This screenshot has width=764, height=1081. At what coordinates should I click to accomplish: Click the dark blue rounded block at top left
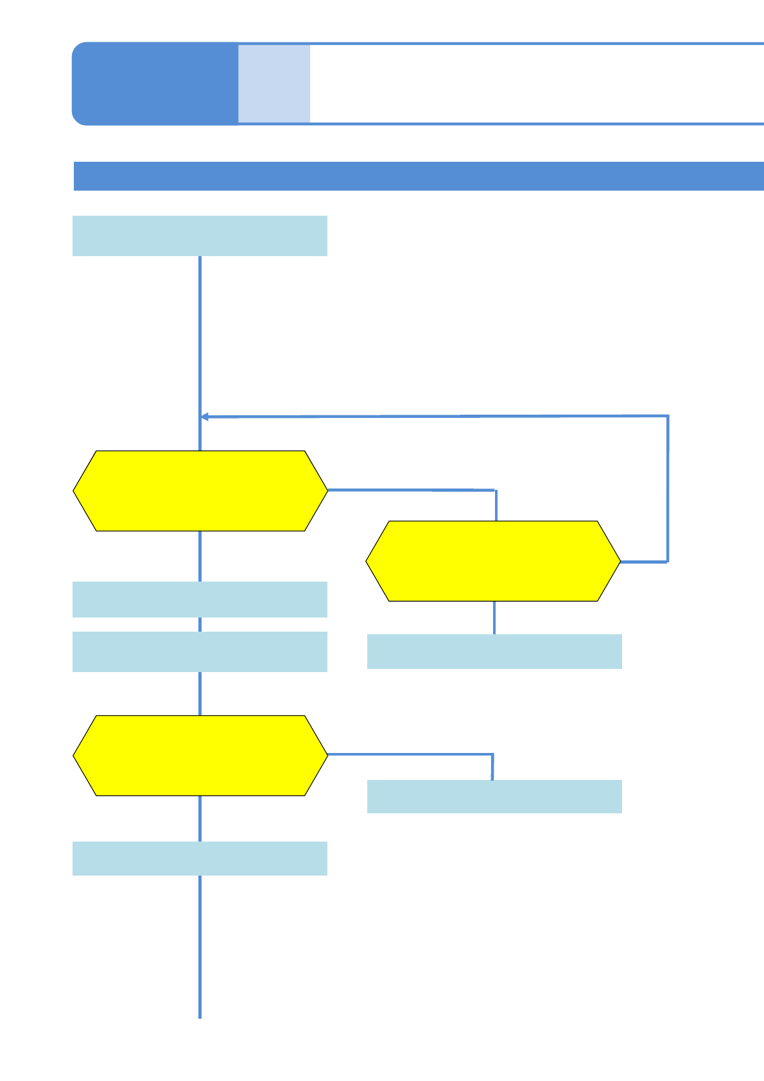pos(155,83)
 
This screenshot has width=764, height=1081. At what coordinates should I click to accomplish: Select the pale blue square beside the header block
pos(274,83)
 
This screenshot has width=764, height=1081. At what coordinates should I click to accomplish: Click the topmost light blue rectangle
pos(200,236)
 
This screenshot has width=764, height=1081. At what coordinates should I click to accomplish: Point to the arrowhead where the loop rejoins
pos(204,417)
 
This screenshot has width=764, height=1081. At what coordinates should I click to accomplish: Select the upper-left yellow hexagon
pos(200,491)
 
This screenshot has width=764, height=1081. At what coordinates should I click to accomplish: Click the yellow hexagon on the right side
pos(493,561)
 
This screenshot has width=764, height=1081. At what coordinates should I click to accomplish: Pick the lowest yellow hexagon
pos(200,756)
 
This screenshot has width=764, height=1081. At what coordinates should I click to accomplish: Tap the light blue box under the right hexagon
pos(494,652)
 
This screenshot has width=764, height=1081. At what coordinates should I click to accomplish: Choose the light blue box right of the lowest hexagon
pos(494,797)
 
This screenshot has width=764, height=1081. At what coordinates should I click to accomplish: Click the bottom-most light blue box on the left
pos(200,858)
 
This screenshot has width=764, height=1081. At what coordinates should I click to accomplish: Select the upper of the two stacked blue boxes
pos(200,600)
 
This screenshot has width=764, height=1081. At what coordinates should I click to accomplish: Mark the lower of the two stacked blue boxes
pos(200,652)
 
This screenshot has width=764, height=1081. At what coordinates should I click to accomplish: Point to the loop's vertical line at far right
pos(668,488)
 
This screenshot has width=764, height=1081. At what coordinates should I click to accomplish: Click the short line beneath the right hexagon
pos(494,618)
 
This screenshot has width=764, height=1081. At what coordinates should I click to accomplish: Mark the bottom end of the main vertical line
pos(200,1016)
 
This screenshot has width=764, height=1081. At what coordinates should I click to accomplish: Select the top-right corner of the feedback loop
pos(668,416)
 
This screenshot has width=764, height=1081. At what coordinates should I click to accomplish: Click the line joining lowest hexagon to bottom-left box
pos(200,818)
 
